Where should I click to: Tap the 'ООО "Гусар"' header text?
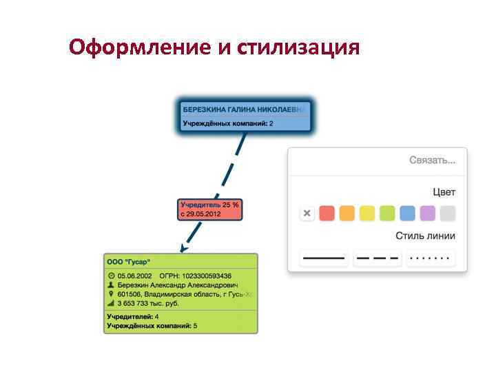pyautogui.click(x=129, y=262)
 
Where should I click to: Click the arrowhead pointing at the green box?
pyautogui.click(x=182, y=248)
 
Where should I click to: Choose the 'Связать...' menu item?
pyautogui.click(x=432, y=161)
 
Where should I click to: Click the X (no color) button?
pyautogui.click(x=307, y=214)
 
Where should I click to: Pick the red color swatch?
pyautogui.click(x=327, y=214)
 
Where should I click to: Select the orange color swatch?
pyautogui.click(x=347, y=214)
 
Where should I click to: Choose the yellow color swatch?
pyautogui.click(x=367, y=214)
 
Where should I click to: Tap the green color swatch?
pyautogui.click(x=387, y=214)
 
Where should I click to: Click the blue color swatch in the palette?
pyautogui.click(x=407, y=214)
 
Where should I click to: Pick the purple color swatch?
pyautogui.click(x=427, y=214)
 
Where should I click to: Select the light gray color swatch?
pyautogui.click(x=448, y=214)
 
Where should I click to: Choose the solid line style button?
pyautogui.click(x=324, y=258)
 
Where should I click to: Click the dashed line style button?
pyautogui.click(x=377, y=258)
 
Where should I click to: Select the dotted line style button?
pyautogui.click(x=431, y=258)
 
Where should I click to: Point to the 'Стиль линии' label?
pyautogui.click(x=425, y=236)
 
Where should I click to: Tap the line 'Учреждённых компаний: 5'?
pyautogui.click(x=152, y=325)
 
